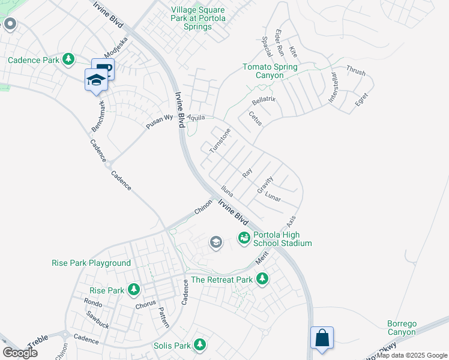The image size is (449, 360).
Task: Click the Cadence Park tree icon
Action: pos(69,59)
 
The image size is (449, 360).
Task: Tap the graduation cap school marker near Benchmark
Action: pos(95,79)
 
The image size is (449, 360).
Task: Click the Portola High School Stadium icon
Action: pos(244,238)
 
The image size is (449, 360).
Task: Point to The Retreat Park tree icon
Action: pos(262,279)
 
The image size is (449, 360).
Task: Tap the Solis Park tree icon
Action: pos(200,345)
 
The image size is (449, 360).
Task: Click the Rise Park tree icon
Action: pos(134,290)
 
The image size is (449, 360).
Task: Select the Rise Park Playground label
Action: pos(91,263)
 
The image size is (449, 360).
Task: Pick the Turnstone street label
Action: pos(220,140)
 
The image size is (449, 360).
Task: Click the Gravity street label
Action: pos(265,184)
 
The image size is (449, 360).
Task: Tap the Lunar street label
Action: pos(273,197)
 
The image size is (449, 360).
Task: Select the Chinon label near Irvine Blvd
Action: pos(203,208)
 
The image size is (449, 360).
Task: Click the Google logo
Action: pos(20,352)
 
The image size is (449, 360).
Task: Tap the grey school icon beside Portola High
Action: pos(215,242)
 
